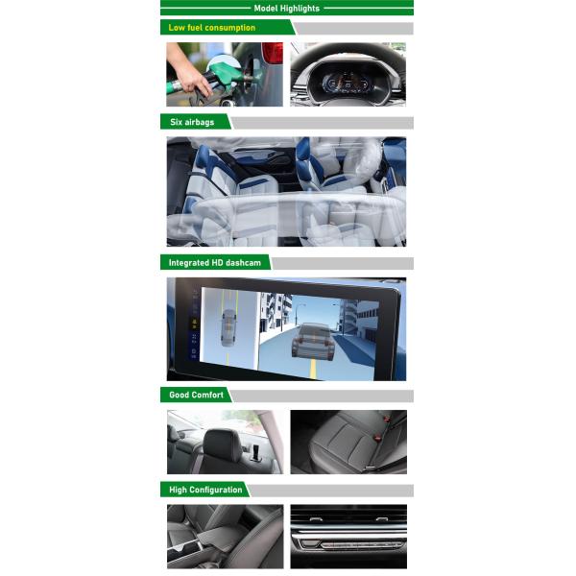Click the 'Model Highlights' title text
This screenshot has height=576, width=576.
(286, 8)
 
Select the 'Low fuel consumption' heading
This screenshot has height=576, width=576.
(211, 28)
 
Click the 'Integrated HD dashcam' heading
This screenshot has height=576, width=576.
(214, 262)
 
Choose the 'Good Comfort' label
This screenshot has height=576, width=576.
(196, 395)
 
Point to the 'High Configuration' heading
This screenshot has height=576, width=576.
(205, 490)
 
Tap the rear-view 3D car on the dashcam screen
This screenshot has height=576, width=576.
(314, 339)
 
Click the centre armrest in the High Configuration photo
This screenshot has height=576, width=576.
(219, 536)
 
